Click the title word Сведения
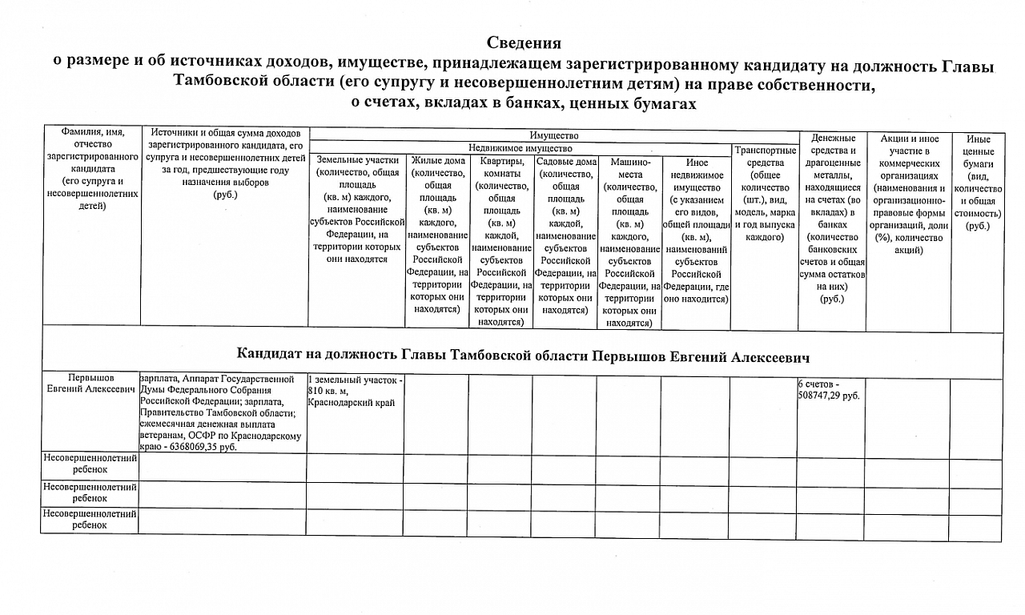point(525,43)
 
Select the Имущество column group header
point(553,136)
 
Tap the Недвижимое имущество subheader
point(520,148)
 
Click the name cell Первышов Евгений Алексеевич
point(90,383)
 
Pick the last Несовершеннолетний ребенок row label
point(90,520)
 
